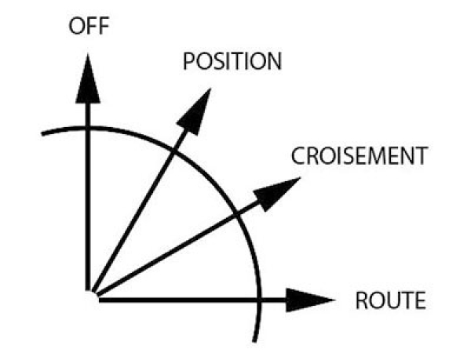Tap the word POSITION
pos(231,62)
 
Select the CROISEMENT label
pos(359,156)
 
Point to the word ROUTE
pos(391,300)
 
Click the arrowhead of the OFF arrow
pos(88,78)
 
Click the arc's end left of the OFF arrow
pos(42,133)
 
